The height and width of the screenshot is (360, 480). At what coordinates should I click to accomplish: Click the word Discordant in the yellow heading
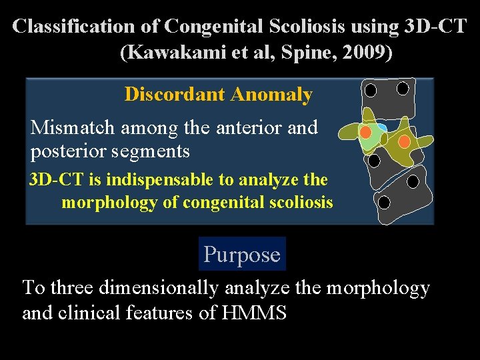pyautogui.click(x=175, y=95)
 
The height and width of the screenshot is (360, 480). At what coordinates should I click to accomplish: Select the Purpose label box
pyautogui.click(x=242, y=254)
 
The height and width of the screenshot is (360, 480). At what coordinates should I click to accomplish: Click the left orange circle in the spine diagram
pyautogui.click(x=365, y=132)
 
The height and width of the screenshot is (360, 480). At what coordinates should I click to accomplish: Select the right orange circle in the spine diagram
pyautogui.click(x=404, y=141)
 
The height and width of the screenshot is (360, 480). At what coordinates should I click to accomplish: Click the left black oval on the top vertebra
pyautogui.click(x=371, y=89)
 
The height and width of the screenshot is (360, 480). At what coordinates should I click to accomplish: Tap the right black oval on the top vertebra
pyautogui.click(x=403, y=88)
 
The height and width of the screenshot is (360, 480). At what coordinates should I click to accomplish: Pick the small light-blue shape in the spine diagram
pyautogui.click(x=381, y=128)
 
